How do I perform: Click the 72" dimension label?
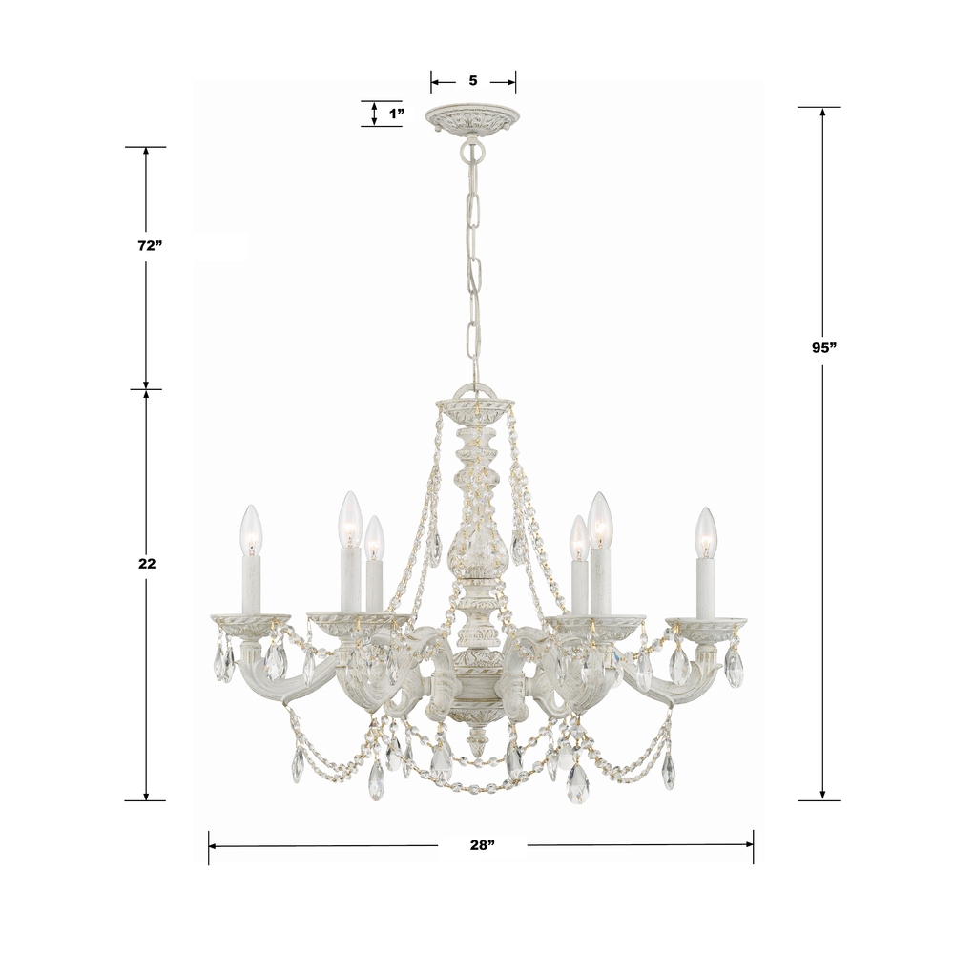[x=150, y=246]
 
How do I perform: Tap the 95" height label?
[x=824, y=348]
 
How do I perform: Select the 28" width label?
[x=482, y=845]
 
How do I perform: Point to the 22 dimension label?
[x=147, y=564]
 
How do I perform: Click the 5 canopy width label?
[x=473, y=80]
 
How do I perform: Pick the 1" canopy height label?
[x=397, y=114]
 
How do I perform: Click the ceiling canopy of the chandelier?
[x=473, y=118]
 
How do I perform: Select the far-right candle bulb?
[x=705, y=532]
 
